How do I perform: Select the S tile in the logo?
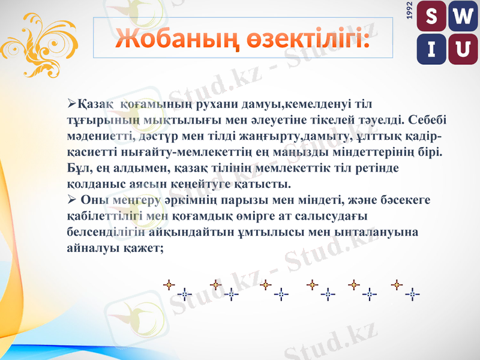point(431,18)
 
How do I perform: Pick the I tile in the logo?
point(431,48)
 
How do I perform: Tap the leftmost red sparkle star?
point(170,284)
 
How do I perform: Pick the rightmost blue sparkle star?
point(412,294)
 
